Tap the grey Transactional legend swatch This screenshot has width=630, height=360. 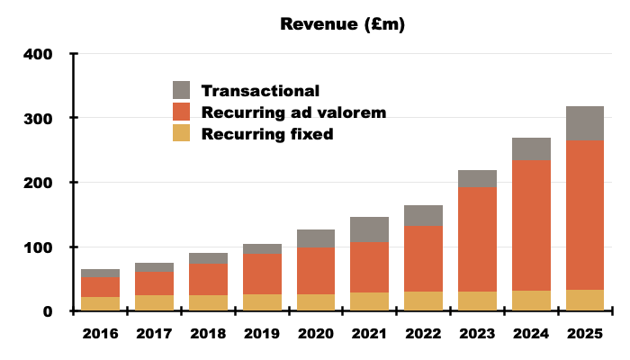click(182, 90)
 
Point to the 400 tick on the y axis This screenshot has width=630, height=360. click(37, 54)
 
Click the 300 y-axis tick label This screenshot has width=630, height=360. click(37, 119)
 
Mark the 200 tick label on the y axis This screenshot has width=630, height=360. click(37, 183)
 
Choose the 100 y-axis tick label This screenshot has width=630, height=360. click(37, 247)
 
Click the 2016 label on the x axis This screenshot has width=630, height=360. click(101, 335)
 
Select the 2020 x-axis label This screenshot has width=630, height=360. click(316, 335)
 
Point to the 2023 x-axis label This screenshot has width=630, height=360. click(477, 335)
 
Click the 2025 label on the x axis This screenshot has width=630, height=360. click(585, 335)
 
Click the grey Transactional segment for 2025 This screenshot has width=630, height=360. click(585, 123)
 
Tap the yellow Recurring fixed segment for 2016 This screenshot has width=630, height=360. click(101, 304)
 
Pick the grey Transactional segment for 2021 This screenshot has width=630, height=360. click(369, 229)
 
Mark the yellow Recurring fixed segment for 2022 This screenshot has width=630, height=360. click(423, 301)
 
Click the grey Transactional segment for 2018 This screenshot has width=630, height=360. click(208, 258)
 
